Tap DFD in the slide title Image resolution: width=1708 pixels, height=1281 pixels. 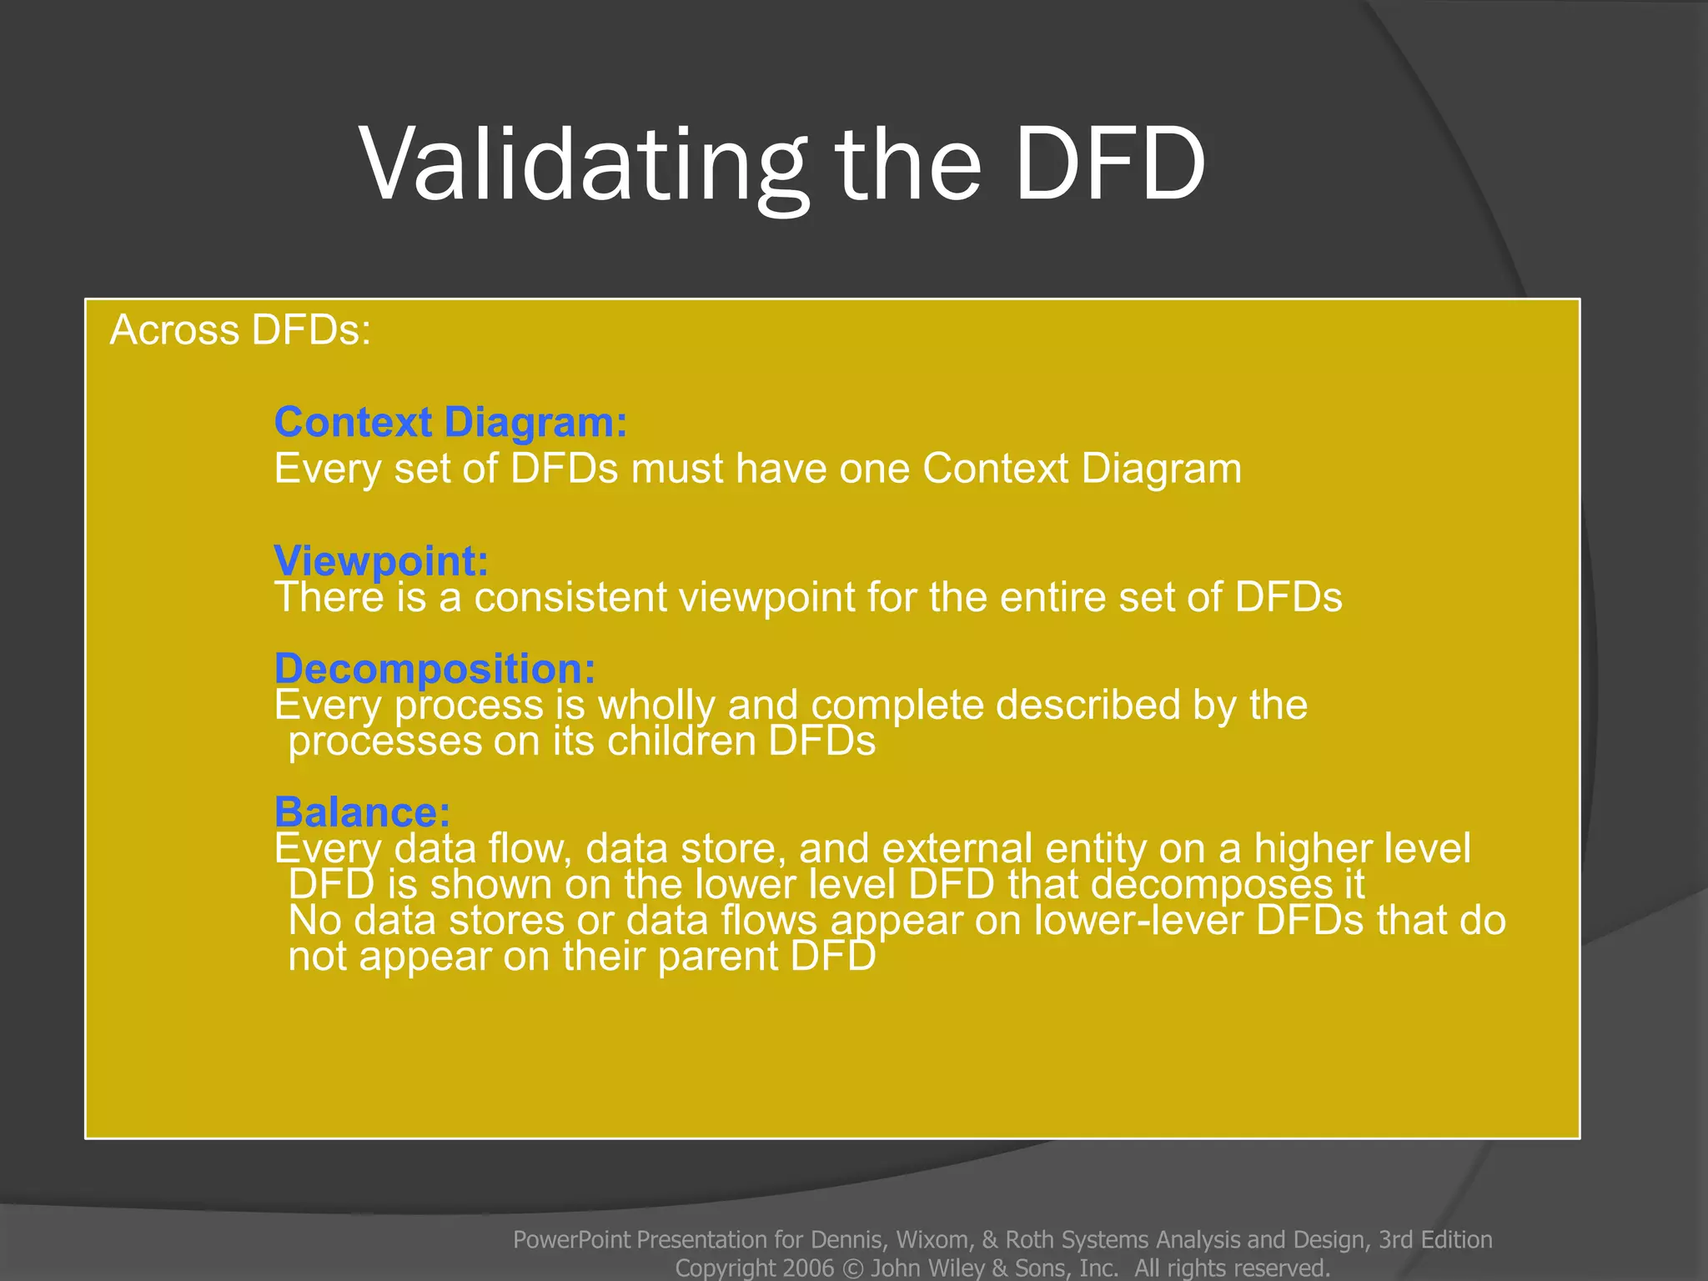click(x=1110, y=165)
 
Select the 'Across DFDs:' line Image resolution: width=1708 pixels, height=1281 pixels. click(x=240, y=330)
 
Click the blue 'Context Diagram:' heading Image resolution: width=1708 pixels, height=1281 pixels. click(x=450, y=422)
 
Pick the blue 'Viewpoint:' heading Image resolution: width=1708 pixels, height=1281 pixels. click(x=381, y=560)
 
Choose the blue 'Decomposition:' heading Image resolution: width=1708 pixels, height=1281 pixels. click(x=435, y=668)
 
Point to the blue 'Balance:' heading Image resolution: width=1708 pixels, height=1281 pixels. click(x=362, y=811)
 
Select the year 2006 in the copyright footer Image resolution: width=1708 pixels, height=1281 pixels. click(x=808, y=1268)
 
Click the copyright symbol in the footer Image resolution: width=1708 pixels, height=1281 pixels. click(x=852, y=1268)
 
